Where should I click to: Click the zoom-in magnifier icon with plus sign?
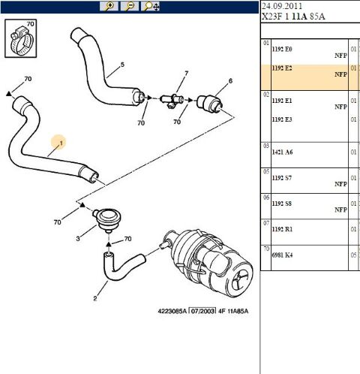click(110, 6)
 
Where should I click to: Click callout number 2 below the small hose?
click(94, 298)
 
